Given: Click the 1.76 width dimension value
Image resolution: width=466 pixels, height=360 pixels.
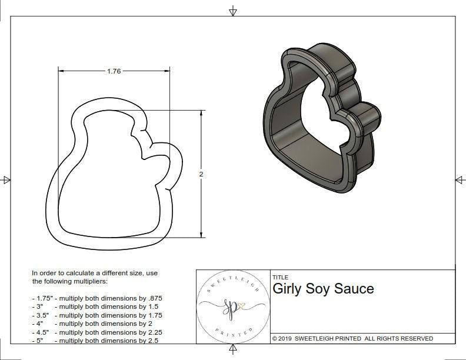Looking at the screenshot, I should [114, 71].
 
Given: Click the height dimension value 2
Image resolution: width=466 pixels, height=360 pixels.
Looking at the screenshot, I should [201, 175].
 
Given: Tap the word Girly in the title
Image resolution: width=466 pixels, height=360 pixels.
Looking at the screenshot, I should [288, 289].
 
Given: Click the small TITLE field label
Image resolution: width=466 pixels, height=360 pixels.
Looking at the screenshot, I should [280, 277].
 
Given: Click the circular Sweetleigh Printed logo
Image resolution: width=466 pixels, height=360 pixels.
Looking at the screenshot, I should [232, 305].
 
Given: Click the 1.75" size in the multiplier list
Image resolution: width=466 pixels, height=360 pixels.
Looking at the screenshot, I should [42, 298].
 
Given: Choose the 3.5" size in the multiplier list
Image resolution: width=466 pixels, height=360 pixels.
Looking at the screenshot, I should [41, 315].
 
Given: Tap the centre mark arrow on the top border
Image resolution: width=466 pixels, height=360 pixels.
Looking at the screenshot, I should [233, 11].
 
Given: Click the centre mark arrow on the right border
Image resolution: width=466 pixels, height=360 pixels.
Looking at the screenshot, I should [460, 179].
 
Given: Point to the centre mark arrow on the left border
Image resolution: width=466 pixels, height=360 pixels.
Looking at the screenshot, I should [6, 179].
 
